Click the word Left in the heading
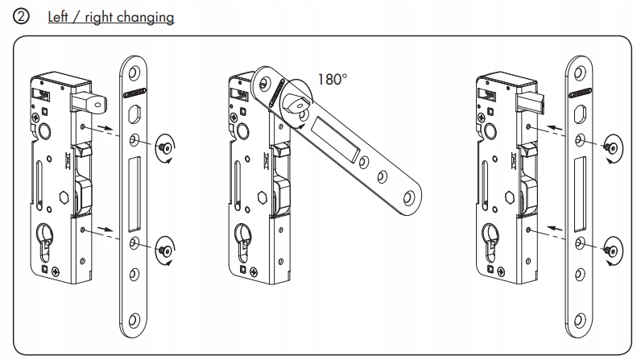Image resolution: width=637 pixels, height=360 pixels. [x=57, y=17]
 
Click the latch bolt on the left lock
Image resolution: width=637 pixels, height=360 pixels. [x=92, y=101]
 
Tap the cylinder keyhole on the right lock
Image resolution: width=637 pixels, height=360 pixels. [x=490, y=242]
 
